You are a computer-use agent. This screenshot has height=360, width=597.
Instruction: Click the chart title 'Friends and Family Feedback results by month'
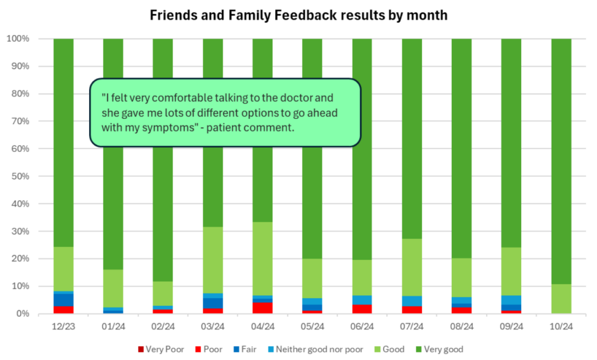(298, 15)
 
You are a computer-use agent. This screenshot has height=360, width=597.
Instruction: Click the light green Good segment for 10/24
(561, 299)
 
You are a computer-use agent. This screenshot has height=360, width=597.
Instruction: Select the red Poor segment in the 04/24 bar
(262, 308)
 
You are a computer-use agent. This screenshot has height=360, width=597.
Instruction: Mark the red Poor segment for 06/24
(362, 309)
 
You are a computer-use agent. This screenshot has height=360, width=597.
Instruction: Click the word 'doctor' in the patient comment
(297, 98)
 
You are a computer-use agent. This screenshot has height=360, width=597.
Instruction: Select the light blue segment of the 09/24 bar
(511, 299)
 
